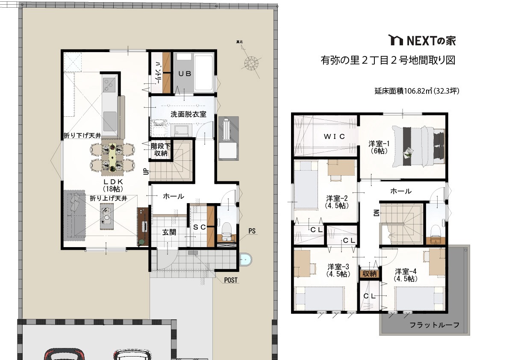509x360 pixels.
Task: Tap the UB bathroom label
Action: click(185, 74)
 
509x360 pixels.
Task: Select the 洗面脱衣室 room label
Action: click(188, 114)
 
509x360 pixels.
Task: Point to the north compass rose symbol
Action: click(251, 63)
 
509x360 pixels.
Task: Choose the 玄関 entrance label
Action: click(169, 233)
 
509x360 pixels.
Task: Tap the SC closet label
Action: click(200, 227)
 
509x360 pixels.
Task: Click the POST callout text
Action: click(231, 280)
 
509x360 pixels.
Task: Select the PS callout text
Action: click(252, 231)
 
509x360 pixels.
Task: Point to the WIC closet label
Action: click(334, 137)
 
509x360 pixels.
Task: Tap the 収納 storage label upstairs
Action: click(369, 274)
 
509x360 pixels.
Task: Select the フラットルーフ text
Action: click(434, 325)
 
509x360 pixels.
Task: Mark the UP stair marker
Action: click(146, 171)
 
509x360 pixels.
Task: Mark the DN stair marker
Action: click(377, 212)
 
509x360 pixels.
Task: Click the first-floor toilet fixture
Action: click(226, 230)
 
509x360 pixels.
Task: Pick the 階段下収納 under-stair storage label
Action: click(161, 150)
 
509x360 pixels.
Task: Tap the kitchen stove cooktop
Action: click(110, 84)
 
